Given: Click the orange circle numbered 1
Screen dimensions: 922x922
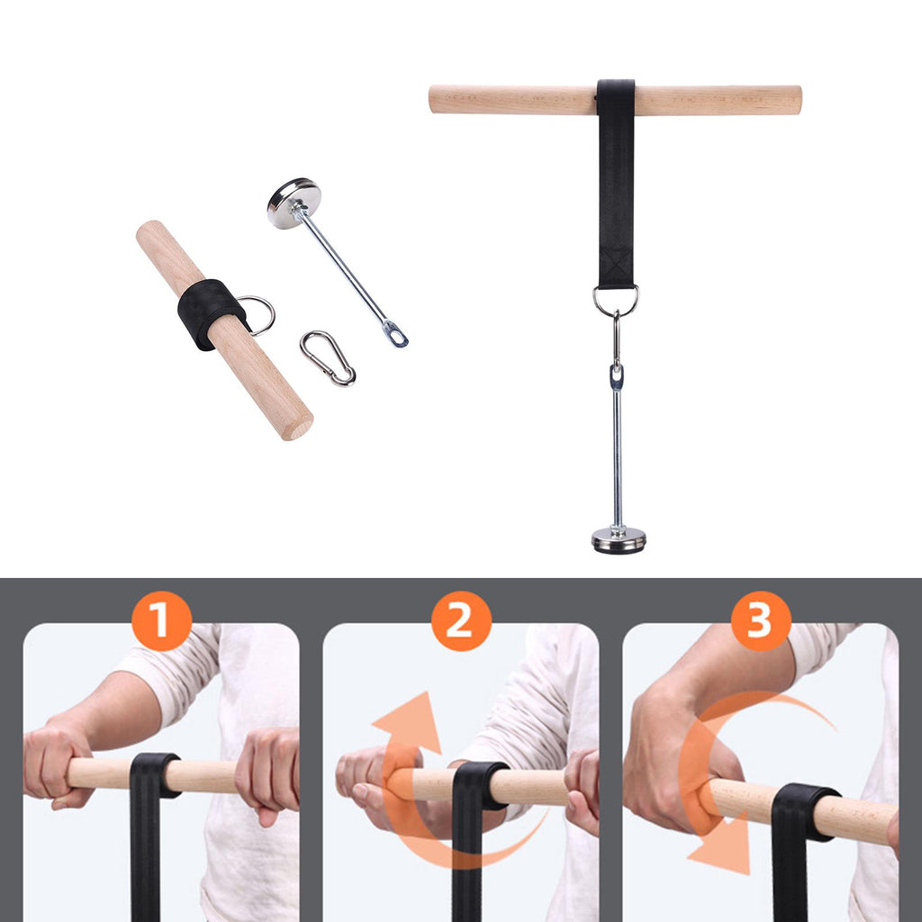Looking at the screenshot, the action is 162,621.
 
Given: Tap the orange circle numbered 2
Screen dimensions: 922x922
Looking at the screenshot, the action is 461,621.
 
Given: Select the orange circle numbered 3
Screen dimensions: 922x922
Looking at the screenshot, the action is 761,621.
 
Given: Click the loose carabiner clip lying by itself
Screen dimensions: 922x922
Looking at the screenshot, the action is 328,358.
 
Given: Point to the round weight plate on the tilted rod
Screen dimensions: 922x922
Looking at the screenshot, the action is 294,203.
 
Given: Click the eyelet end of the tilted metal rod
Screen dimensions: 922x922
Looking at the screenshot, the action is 396,333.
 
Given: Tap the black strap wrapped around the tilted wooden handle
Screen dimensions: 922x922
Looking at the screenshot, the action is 211,313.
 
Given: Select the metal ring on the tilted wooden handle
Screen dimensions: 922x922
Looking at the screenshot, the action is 258,314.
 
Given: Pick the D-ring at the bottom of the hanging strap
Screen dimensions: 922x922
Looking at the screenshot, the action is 616,300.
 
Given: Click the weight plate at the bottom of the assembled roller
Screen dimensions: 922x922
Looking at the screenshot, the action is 618,540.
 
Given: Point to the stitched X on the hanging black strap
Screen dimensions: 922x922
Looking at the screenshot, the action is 616,266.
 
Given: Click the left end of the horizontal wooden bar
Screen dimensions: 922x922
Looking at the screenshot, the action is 432,100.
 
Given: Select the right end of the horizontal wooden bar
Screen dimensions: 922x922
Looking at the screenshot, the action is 799,101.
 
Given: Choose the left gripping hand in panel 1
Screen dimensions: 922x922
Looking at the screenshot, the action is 56,763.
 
